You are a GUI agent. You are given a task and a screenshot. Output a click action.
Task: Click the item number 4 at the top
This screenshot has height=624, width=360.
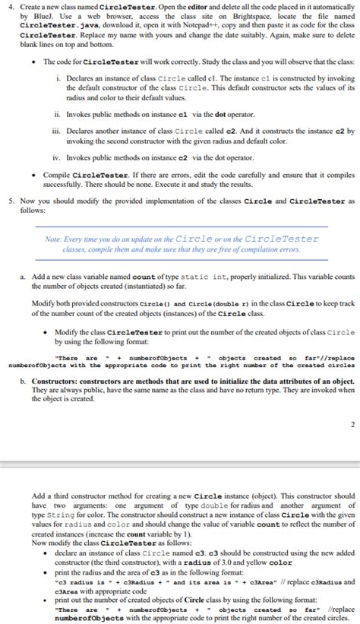pyautogui.click(x=8, y=7)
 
